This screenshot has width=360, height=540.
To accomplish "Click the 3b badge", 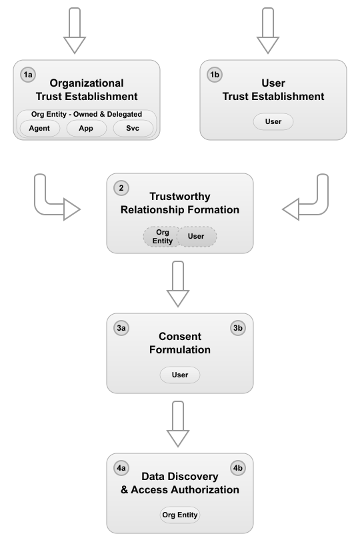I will pyautogui.click(x=238, y=329).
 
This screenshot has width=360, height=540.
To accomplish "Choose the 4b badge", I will pyautogui.click(x=238, y=469).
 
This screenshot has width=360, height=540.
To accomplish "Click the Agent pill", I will pyautogui.click(x=40, y=129).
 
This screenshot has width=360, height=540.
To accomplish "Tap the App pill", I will pyautogui.click(x=87, y=129).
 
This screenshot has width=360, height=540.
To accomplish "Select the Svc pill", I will pyautogui.click(x=133, y=129).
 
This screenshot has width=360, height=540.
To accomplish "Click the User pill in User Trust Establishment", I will pyautogui.click(x=273, y=122).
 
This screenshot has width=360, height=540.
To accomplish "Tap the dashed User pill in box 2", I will pyautogui.click(x=197, y=236).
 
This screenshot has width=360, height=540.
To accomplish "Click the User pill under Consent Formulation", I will pyautogui.click(x=180, y=375).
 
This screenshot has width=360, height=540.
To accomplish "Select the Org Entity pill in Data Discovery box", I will pyautogui.click(x=180, y=515).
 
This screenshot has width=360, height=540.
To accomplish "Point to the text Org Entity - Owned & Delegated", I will pyautogui.click(x=87, y=114).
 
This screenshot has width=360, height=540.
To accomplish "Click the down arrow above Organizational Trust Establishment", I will pyautogui.click(x=74, y=31).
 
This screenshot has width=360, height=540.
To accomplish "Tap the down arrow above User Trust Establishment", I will pyautogui.click(x=268, y=31).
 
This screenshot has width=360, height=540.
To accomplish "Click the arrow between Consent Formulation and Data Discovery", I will pyautogui.click(x=179, y=424).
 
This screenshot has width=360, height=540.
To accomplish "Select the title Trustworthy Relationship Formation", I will pyautogui.click(x=180, y=203).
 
